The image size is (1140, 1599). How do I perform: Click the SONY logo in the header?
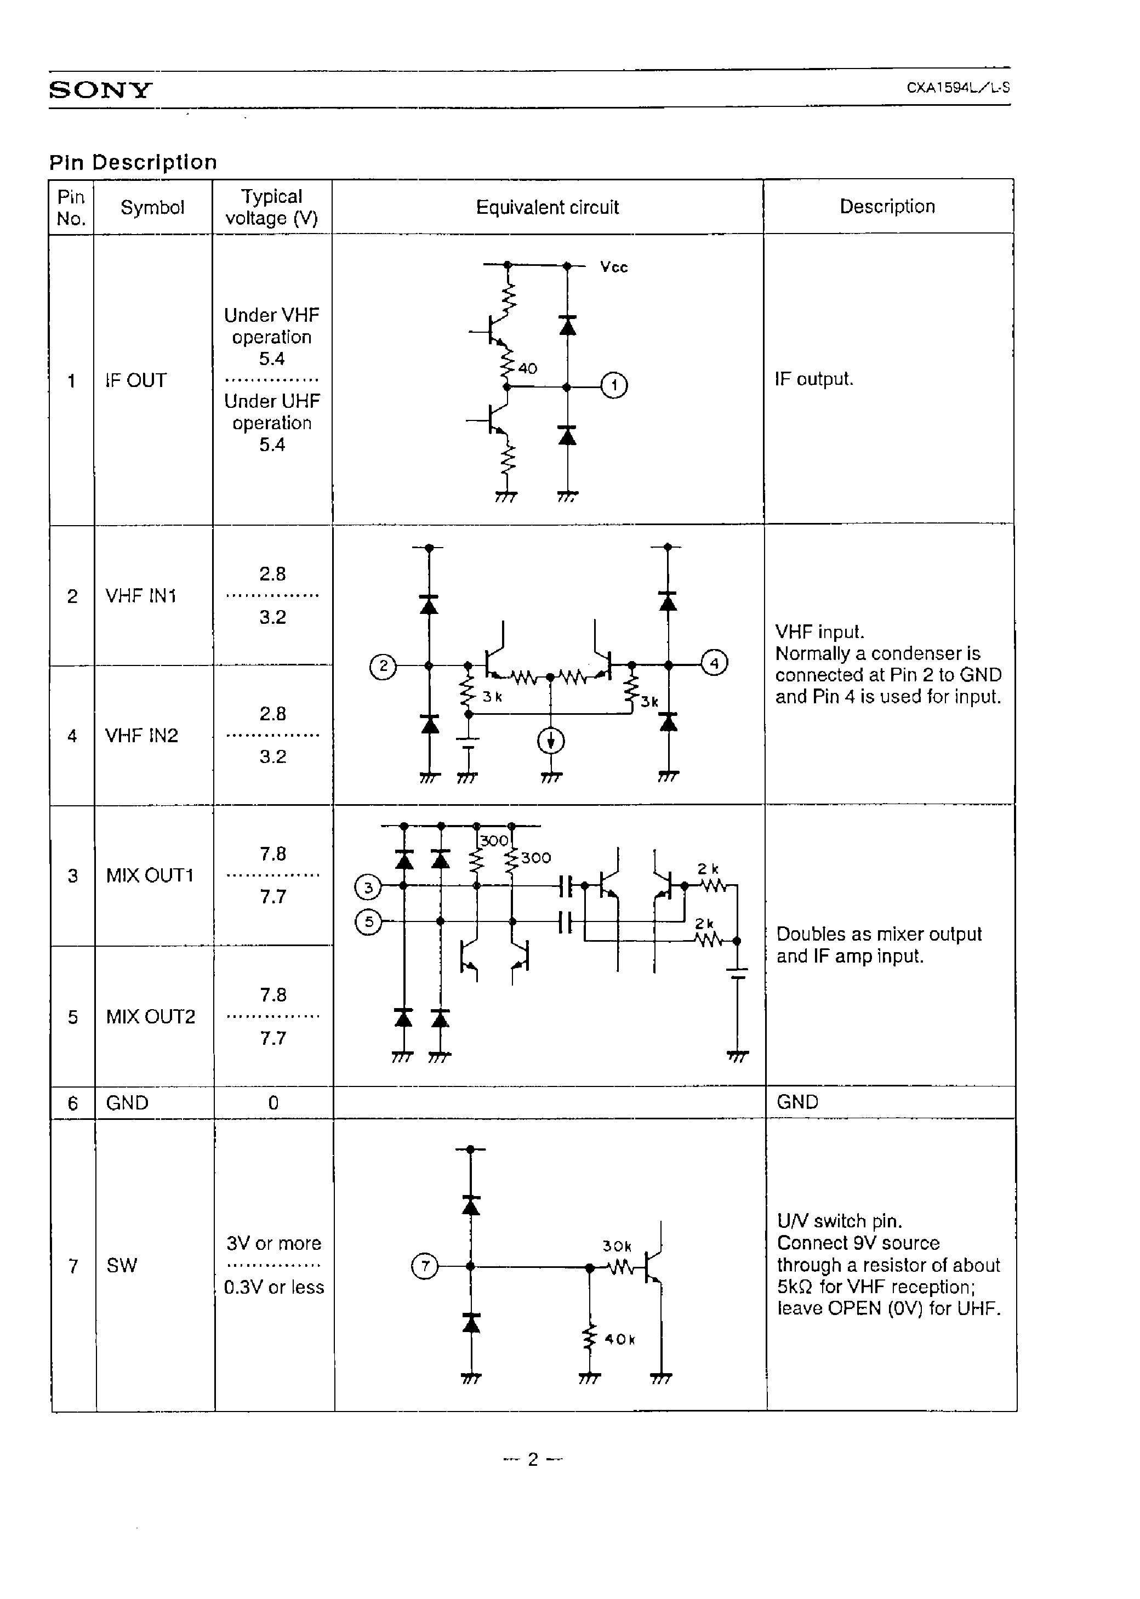(x=100, y=90)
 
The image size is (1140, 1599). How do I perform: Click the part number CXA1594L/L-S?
(x=957, y=88)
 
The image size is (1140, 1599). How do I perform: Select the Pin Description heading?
(x=133, y=162)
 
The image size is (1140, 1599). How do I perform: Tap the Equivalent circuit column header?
(x=547, y=207)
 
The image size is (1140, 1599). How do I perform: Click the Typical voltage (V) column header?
(x=272, y=207)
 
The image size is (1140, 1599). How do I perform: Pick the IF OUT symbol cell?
(x=136, y=380)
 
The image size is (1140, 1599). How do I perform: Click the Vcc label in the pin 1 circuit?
(x=613, y=268)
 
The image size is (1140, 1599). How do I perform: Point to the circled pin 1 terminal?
(x=614, y=385)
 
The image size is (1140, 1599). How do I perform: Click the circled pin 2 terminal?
(x=383, y=666)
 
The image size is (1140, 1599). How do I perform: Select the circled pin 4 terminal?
(x=714, y=663)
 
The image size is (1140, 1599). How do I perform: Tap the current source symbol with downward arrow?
(x=551, y=741)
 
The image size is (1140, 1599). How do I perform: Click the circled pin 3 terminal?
(x=368, y=887)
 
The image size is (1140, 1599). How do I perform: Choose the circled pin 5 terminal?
(x=368, y=921)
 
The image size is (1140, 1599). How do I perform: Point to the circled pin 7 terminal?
(x=424, y=1266)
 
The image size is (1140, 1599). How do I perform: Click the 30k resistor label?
(x=617, y=1246)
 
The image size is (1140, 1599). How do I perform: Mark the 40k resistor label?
(x=619, y=1339)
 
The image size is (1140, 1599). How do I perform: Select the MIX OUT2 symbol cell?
(x=150, y=1016)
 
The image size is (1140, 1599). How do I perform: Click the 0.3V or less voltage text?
(x=274, y=1287)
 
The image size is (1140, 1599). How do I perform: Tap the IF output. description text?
(x=813, y=379)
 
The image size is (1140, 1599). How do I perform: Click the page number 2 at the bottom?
(x=533, y=1460)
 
